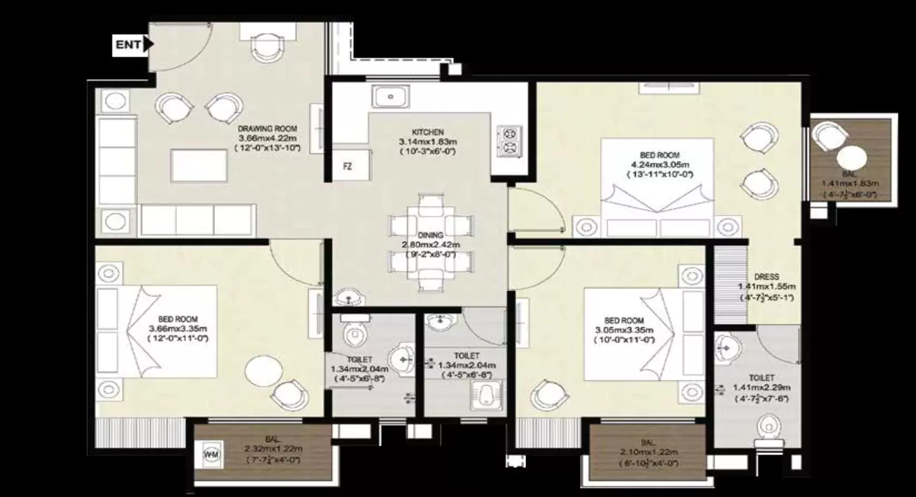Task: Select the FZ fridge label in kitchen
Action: tap(348, 166)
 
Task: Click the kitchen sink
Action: tap(389, 97)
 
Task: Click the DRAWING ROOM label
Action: tap(267, 128)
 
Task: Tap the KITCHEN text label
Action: tap(428, 132)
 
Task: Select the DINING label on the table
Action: tap(430, 235)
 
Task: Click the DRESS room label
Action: tap(766, 277)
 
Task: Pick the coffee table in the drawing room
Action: tap(198, 165)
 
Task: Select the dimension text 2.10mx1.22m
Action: tap(647, 452)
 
